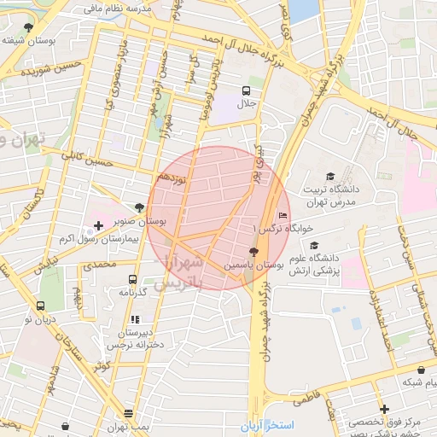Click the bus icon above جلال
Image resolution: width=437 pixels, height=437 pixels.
click(247, 90)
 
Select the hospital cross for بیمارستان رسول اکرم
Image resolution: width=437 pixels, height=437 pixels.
click(97, 226)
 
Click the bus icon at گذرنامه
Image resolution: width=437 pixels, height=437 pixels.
click(133, 279)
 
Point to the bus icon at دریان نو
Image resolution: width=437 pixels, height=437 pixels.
click(40, 306)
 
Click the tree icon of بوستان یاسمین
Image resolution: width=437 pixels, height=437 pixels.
click(253, 252)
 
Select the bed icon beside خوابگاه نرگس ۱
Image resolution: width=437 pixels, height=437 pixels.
click(283, 215)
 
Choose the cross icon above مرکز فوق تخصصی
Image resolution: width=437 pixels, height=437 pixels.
click(384, 410)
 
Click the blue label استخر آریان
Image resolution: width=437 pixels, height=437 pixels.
click(266, 425)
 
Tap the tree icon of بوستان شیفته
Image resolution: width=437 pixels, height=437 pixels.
click(28, 27)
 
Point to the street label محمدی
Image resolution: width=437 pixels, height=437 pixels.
click(99, 265)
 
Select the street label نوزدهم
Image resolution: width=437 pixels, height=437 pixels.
click(171, 177)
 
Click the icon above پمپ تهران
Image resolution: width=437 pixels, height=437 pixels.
click(129, 412)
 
